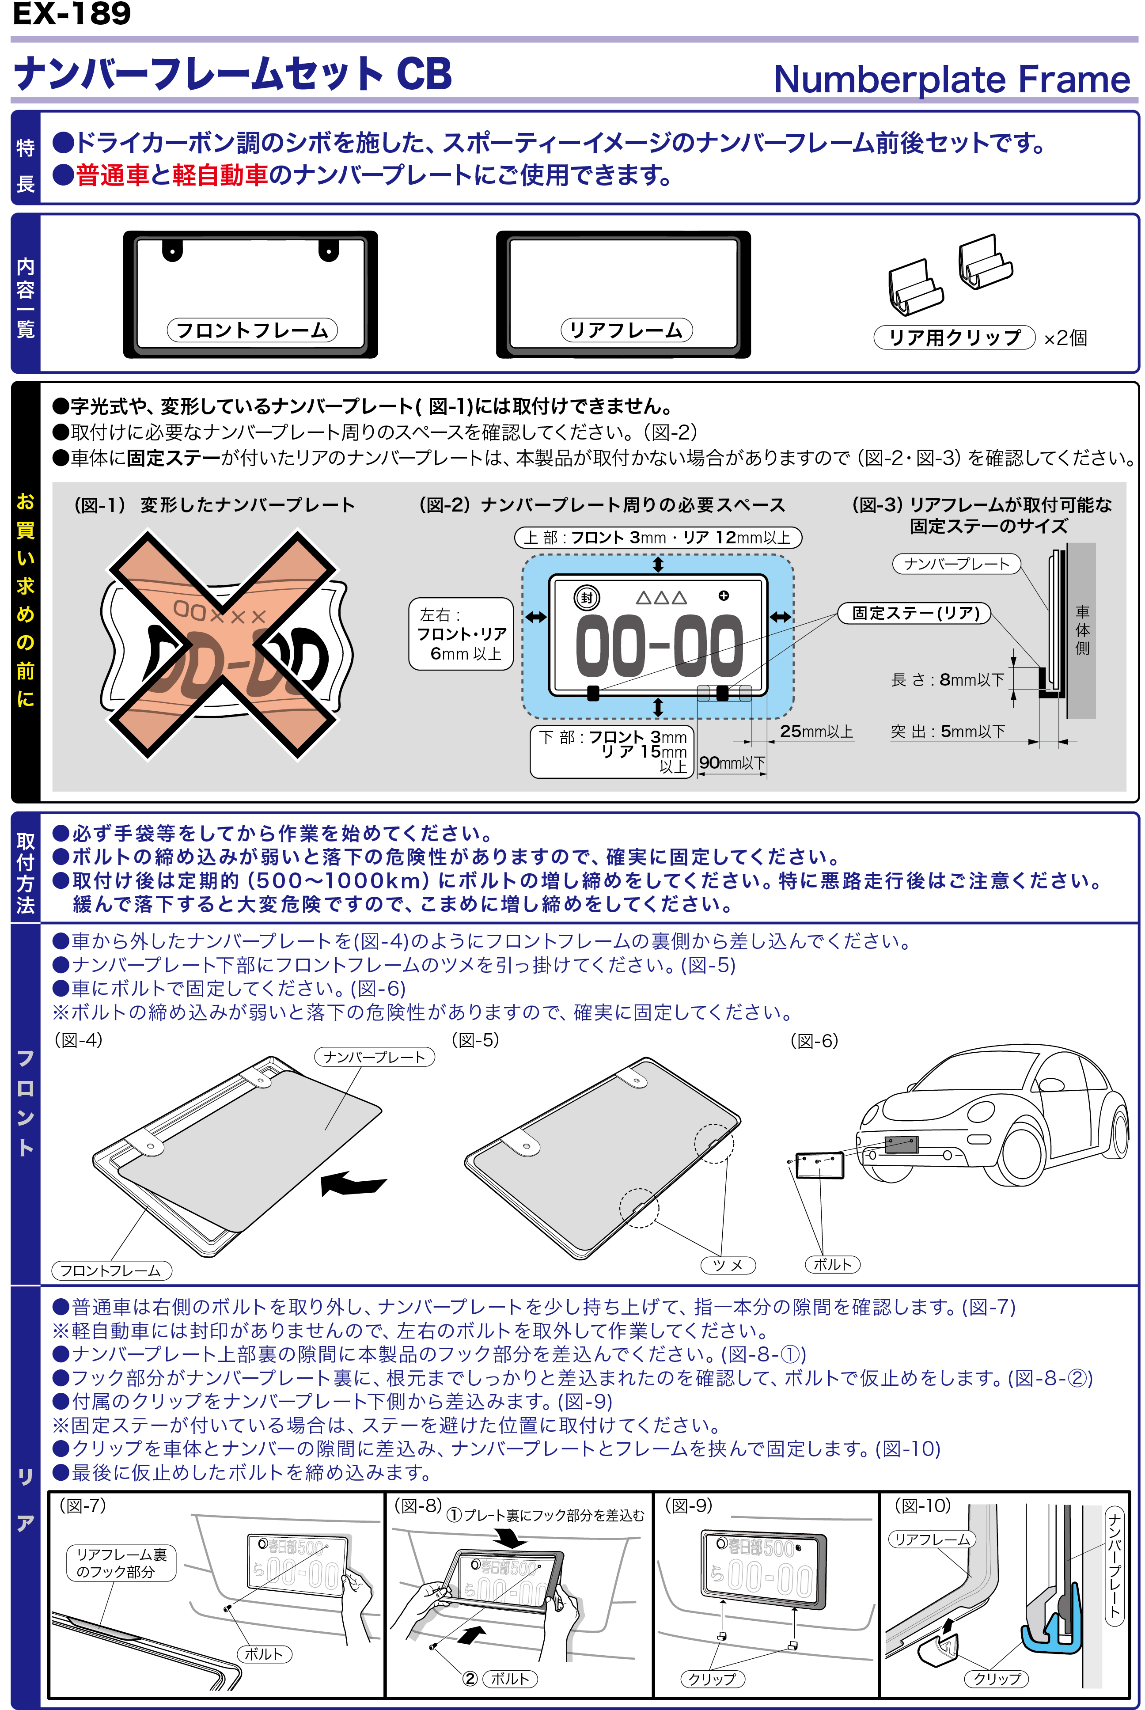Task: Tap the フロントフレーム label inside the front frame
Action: pos(252,330)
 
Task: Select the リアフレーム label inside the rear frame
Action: pos(626,330)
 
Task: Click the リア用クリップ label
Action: pos(954,337)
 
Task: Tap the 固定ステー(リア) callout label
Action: pos(915,613)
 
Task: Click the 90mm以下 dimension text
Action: pos(732,762)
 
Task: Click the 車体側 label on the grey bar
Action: pos(1082,629)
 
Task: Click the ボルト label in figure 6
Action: pos(832,1264)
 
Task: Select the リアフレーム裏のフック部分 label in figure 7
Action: pos(121,1562)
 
